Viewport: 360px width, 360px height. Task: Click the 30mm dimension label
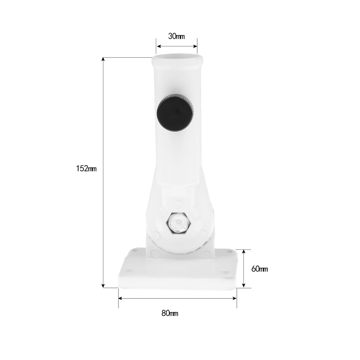176,36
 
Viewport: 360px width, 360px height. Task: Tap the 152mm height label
86,169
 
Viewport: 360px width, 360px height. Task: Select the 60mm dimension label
260,269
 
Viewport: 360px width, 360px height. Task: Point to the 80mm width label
170,313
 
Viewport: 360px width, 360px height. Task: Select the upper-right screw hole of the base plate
229,251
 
